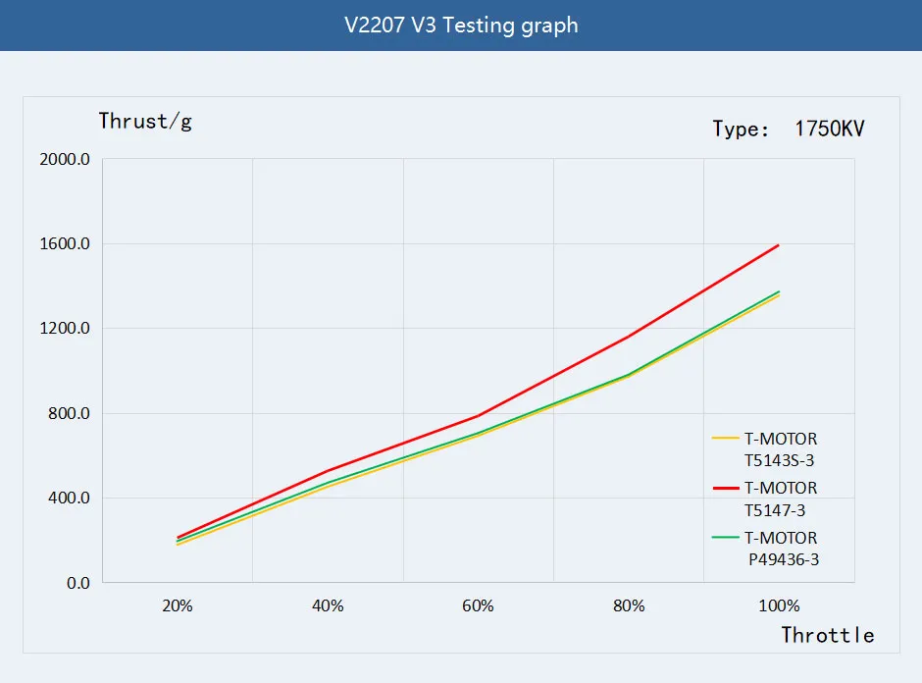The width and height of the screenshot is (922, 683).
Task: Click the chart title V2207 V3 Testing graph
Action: tap(461, 26)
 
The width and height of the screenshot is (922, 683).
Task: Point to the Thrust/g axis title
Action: tap(146, 122)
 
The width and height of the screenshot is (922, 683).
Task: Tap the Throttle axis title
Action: tap(827, 635)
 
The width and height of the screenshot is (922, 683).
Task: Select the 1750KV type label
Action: tap(789, 130)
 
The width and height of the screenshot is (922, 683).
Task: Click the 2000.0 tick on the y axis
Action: tap(66, 159)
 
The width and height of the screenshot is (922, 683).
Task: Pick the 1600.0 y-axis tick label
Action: tap(66, 243)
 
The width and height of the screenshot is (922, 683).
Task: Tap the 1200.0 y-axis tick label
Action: tap(66, 328)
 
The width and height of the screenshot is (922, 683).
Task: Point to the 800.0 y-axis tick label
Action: tap(70, 413)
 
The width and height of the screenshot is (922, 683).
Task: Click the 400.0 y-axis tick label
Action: tap(70, 498)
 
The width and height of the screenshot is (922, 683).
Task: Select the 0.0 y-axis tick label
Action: tap(77, 583)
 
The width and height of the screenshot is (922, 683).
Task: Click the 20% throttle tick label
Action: tap(178, 606)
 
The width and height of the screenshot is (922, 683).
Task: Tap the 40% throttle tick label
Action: tap(328, 606)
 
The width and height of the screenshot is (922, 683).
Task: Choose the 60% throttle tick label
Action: tap(478, 606)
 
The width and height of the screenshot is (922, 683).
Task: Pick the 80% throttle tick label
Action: tap(629, 606)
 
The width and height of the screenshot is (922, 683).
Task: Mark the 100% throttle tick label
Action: tap(779, 606)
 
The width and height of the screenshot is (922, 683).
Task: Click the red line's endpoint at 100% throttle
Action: tap(779, 244)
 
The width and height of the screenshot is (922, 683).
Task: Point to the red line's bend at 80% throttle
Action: tap(629, 337)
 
